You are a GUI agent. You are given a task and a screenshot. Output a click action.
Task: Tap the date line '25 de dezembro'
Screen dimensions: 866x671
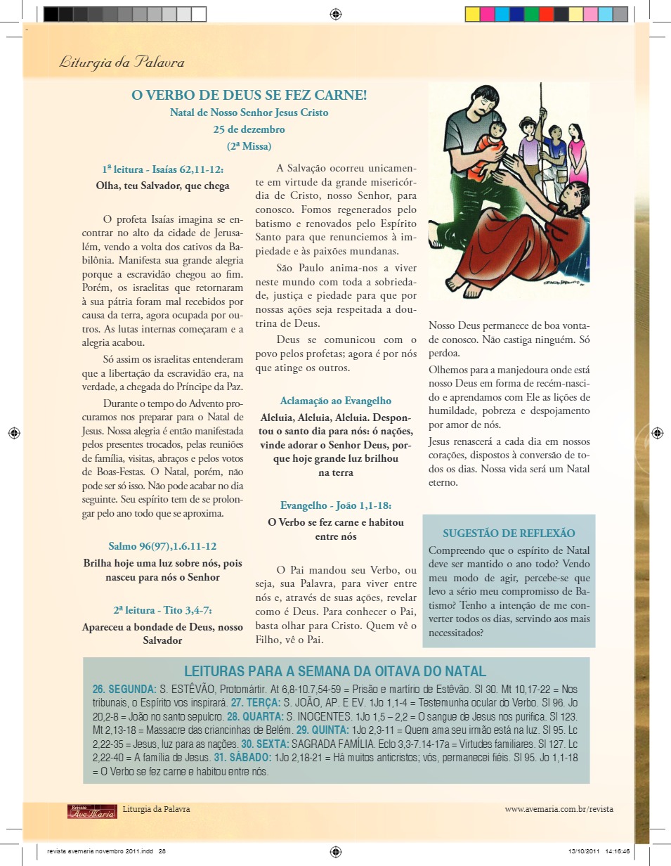[x=249, y=129]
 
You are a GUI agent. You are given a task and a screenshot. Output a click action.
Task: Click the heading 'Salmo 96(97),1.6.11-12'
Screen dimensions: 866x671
[x=162, y=546]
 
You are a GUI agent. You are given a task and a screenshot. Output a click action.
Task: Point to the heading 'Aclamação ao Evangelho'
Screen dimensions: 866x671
[x=335, y=401]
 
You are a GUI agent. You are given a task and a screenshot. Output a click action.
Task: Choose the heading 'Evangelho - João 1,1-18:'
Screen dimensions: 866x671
[x=335, y=505]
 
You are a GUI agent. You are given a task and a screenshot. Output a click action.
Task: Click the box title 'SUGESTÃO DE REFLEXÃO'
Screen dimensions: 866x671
[x=509, y=533]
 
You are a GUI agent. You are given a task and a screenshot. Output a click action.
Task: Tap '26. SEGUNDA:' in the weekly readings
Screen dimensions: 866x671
[x=124, y=689]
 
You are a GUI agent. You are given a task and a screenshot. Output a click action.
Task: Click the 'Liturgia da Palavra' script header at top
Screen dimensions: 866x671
[x=122, y=63]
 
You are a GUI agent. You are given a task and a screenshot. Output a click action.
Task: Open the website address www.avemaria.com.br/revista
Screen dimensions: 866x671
[x=559, y=809]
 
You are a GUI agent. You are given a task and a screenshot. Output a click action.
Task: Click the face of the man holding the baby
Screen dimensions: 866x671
[x=480, y=105]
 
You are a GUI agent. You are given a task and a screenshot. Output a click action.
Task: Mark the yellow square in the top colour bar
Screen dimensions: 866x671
[x=472, y=13]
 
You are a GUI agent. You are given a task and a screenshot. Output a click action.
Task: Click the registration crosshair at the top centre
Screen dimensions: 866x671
[x=335, y=13]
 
